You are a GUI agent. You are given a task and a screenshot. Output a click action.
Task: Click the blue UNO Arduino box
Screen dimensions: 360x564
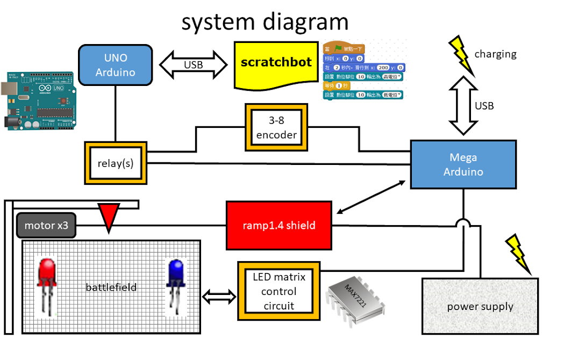(115, 65)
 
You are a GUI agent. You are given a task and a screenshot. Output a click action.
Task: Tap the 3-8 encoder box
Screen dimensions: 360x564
(276, 127)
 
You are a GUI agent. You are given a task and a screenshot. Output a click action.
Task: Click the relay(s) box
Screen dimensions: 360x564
(116, 163)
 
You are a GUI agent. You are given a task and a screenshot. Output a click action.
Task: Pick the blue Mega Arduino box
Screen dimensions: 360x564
(463, 164)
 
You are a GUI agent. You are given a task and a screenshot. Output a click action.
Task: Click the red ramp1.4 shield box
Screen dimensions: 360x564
(279, 225)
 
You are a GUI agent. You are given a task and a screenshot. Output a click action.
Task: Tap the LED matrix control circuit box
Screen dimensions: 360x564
(279, 291)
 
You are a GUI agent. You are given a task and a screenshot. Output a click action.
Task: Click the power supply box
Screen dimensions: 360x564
(480, 306)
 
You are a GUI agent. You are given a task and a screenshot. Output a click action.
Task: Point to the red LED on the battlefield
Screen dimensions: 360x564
(47, 285)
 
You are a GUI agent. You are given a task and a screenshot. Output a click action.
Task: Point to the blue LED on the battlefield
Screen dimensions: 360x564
(175, 285)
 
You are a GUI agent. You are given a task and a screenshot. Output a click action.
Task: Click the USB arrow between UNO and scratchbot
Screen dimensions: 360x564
(194, 64)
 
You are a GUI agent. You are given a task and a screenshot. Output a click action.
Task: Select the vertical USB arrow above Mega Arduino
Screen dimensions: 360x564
(463, 105)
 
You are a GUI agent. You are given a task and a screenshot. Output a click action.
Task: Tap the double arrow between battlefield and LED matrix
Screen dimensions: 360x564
(219, 296)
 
